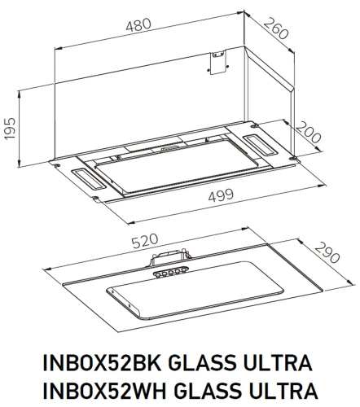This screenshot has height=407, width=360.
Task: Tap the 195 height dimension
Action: (11, 127)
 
